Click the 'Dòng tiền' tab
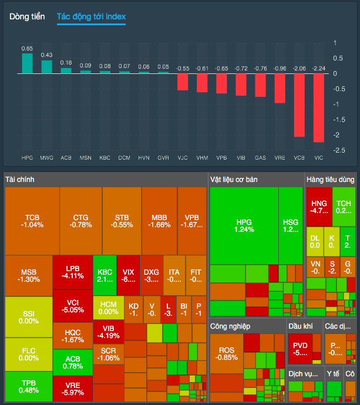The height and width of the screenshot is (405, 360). point(27,16)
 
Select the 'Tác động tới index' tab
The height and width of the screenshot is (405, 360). point(91,16)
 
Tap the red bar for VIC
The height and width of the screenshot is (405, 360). point(318,108)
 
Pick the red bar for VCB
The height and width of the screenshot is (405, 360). point(299,105)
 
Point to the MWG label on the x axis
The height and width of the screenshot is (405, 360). point(46,158)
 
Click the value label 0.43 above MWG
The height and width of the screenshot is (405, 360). point(46,55)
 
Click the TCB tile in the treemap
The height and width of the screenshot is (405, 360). point(32,221)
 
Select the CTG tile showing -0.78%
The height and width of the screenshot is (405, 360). point(81,221)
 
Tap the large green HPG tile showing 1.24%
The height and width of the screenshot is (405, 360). point(244,226)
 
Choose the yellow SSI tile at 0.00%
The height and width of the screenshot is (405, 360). point(28,317)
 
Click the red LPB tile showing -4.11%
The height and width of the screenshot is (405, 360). point(72,272)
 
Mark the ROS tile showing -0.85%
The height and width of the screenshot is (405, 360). point(226,353)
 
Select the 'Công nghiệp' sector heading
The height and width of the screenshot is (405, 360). point(231,326)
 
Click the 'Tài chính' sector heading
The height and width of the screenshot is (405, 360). point(21,179)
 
